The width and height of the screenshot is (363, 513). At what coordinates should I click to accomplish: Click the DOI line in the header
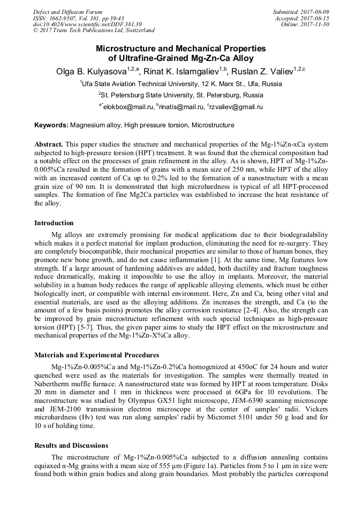pos(87,25)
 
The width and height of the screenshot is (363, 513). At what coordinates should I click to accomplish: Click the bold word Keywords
pos(51,125)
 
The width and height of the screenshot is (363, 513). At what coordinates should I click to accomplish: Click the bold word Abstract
pos(49,145)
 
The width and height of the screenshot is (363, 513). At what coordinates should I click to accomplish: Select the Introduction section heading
pos(54,223)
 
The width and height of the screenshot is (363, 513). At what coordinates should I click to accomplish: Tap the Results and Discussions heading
pos(71,445)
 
